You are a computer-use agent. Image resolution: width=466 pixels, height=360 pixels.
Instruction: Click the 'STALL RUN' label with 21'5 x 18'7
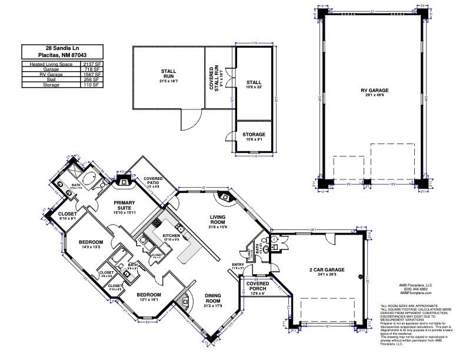coord(168,74)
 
